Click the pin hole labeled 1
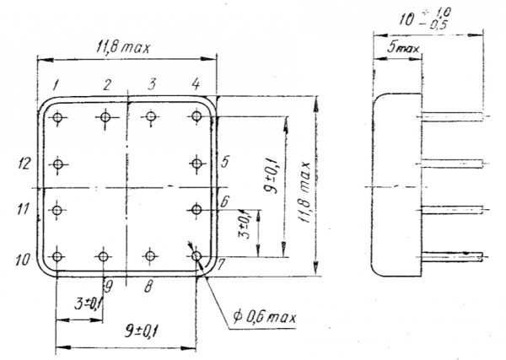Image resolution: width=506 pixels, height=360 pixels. (57, 117)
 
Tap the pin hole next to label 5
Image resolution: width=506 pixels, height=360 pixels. (196, 164)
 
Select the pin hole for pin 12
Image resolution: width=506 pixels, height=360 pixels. (57, 164)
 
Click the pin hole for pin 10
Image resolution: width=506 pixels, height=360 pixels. (57, 257)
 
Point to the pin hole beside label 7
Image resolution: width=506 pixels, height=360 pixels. (196, 257)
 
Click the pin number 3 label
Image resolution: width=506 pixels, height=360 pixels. (151, 83)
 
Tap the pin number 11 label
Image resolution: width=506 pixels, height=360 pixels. (24, 209)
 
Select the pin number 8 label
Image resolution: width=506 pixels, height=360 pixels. (148, 286)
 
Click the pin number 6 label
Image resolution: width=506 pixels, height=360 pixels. (224, 201)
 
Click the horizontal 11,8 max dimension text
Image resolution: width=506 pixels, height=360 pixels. (123, 48)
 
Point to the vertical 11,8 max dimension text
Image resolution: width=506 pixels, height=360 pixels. (304, 192)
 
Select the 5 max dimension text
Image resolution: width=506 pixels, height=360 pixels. (403, 48)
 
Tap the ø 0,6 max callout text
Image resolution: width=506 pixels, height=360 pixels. (264, 318)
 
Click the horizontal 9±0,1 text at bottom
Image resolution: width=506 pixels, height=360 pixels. (142, 332)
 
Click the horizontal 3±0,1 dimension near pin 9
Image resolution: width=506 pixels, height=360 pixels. (88, 304)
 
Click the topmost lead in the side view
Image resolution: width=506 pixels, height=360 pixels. (452, 116)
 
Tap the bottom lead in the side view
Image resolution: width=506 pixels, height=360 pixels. (452, 257)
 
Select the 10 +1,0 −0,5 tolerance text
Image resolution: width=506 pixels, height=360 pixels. (425, 18)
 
